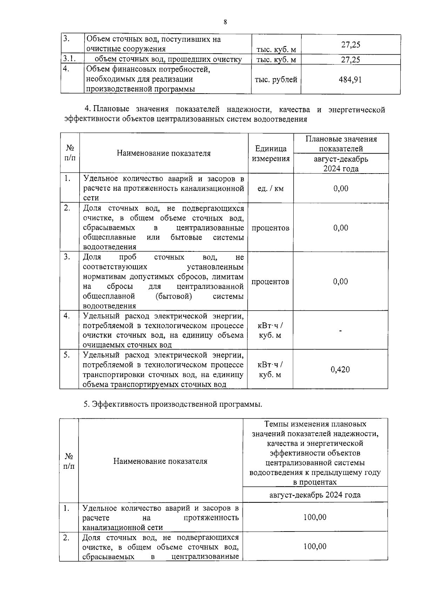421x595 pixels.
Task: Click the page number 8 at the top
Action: click(225, 22)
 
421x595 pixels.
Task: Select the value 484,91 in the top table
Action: click(350, 80)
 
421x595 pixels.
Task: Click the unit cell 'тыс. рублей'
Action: click(276, 80)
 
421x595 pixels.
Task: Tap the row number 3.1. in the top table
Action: click(69, 59)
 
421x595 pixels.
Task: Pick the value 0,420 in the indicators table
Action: click(340, 370)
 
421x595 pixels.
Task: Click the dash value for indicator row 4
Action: click(340, 330)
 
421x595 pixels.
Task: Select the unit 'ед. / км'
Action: click(270, 189)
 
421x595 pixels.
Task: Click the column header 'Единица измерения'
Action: click(270, 154)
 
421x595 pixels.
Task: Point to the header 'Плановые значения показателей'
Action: click(341, 144)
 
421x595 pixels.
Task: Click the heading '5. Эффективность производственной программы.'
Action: click(173, 404)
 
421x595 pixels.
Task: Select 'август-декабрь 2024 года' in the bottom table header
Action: click(315, 495)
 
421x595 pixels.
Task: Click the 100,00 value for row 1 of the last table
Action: click(315, 517)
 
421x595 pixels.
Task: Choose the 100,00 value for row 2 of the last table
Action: click(315, 546)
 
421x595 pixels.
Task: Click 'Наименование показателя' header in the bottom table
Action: click(160, 461)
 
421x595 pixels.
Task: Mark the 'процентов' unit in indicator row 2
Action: click(270, 228)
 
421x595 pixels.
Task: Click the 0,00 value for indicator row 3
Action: click(340, 282)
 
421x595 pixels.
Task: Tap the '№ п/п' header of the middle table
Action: click(70, 154)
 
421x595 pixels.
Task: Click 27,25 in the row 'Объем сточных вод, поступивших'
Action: click(350, 45)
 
